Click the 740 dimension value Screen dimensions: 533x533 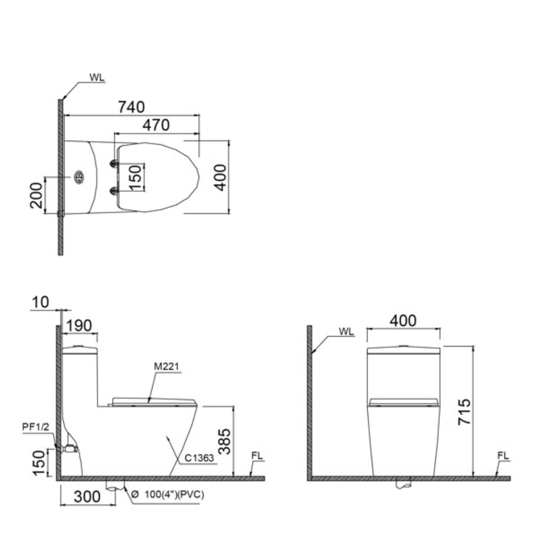[131, 107]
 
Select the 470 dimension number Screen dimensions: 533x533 [155, 125]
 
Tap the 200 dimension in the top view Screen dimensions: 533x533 [36, 195]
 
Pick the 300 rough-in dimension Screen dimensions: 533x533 [87, 497]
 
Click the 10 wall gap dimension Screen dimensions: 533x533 [41, 303]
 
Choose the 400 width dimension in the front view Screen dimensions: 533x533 [403, 321]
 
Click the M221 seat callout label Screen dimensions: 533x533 [166, 366]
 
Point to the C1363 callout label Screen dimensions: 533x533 [199, 458]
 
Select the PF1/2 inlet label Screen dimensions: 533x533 [36, 427]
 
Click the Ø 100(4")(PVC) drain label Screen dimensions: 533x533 [168, 495]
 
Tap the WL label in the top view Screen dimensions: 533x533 [97, 77]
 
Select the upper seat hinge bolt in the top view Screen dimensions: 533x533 [114, 163]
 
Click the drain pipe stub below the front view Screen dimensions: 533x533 [403, 485]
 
